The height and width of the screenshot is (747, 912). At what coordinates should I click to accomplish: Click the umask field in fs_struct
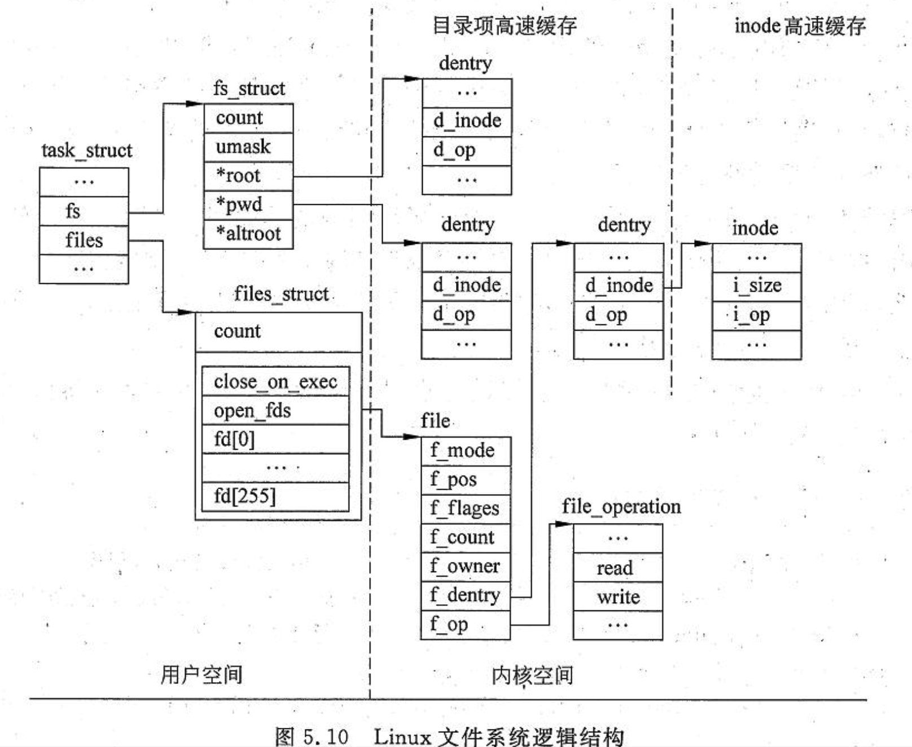point(248,147)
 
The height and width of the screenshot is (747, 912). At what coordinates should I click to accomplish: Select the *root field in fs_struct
point(248,176)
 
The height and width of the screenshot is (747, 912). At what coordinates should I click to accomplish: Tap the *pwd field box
point(248,205)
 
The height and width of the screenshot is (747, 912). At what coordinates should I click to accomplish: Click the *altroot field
point(248,234)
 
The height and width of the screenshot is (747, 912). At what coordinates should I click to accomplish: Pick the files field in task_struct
point(84,240)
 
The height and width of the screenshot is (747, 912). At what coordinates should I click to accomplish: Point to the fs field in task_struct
point(84,211)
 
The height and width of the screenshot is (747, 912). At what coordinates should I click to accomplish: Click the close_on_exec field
point(275,382)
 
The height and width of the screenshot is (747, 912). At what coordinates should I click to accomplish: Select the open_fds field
point(275,411)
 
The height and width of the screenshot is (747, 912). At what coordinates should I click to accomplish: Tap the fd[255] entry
point(275,496)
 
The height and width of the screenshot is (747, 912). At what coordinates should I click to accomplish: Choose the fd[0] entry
point(275,439)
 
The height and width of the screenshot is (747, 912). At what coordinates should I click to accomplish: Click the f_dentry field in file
point(466,595)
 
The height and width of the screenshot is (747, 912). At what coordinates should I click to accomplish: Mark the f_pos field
point(466,480)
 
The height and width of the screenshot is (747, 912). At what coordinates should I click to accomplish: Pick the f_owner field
point(466,566)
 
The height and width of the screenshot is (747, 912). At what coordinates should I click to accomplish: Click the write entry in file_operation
point(618,597)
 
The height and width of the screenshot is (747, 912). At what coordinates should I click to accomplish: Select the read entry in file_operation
point(618,568)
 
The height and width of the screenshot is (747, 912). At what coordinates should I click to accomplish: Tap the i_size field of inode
point(757,286)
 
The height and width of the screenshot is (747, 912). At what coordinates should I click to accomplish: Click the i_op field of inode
point(757,315)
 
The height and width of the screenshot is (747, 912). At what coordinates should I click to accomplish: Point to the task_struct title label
point(87,151)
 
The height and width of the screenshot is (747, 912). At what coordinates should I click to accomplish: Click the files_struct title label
point(281,294)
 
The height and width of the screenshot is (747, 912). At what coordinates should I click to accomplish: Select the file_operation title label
point(621,507)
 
